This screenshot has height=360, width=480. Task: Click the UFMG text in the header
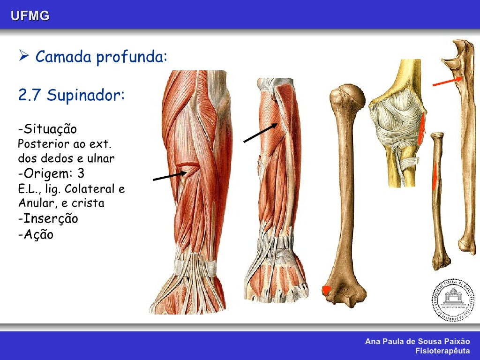30,16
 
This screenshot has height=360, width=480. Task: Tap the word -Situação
47,129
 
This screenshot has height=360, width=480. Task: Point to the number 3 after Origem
81,174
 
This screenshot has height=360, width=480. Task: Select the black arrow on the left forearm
170,175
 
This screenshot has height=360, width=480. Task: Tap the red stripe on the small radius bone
435,175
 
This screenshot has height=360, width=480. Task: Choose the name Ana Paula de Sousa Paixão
417,342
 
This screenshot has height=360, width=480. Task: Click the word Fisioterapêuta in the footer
442,351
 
